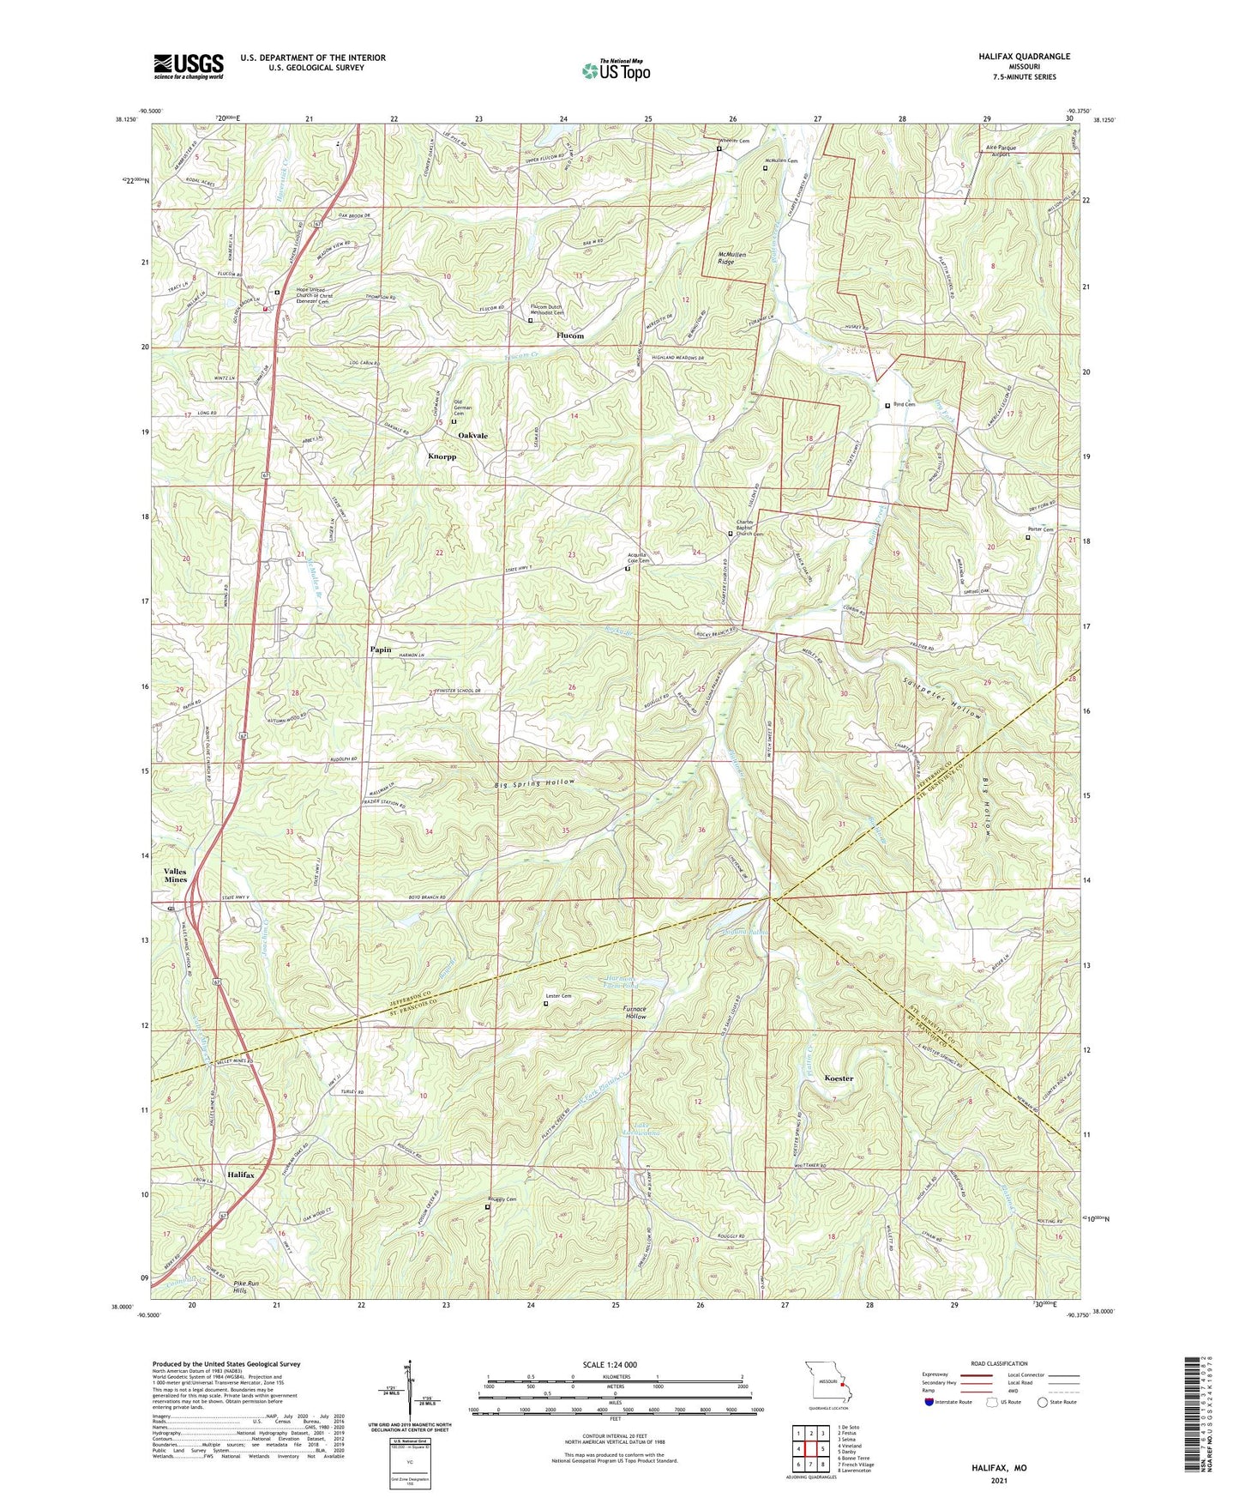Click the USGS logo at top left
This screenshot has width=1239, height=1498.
(189, 65)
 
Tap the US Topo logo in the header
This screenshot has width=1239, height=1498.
(615, 70)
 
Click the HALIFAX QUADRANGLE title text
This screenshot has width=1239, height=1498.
(1024, 56)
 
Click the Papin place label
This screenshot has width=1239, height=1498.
(380, 649)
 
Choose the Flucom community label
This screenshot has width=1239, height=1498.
(569, 335)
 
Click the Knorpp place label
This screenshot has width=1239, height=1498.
(442, 456)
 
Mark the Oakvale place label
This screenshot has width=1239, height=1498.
(472, 436)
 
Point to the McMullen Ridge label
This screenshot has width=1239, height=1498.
(731, 258)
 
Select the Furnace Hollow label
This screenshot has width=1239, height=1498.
(635, 1012)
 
